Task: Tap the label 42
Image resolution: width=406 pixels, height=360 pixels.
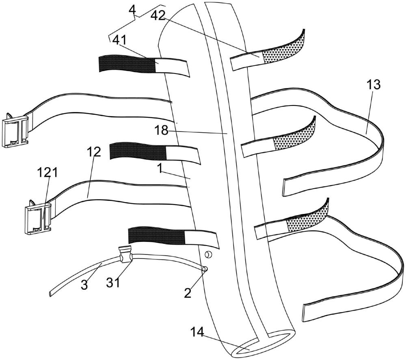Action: tap(158, 16)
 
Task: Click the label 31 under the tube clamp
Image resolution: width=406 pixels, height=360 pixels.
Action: tap(114, 282)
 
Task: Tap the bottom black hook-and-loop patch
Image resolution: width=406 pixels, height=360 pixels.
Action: tap(156, 236)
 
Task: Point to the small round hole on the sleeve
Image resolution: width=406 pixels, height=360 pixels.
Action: tap(207, 254)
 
